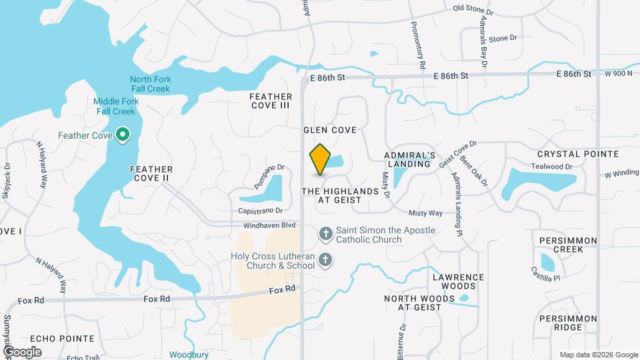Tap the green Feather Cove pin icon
[123, 135]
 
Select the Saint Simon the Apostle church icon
[325, 234]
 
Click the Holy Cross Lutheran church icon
[325, 261]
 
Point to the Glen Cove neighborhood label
[330, 130]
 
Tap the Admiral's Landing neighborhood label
[409, 159]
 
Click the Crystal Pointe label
[578, 153]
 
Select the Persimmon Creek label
[561, 244]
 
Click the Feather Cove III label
[271, 101]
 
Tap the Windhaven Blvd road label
[269, 225]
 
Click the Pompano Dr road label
[269, 177]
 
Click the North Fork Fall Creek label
[151, 84]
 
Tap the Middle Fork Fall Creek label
[115, 106]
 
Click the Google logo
[22, 351]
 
